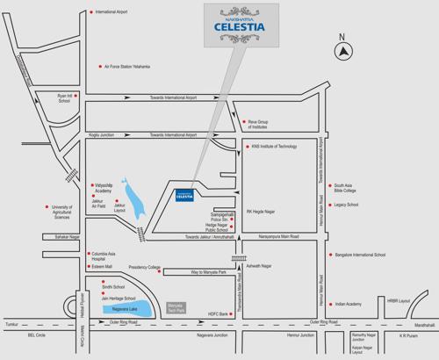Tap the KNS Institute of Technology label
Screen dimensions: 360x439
(x=275, y=147)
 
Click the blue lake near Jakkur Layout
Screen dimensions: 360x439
(x=129, y=196)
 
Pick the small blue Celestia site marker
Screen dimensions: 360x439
(x=184, y=195)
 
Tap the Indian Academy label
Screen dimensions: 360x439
(x=349, y=303)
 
